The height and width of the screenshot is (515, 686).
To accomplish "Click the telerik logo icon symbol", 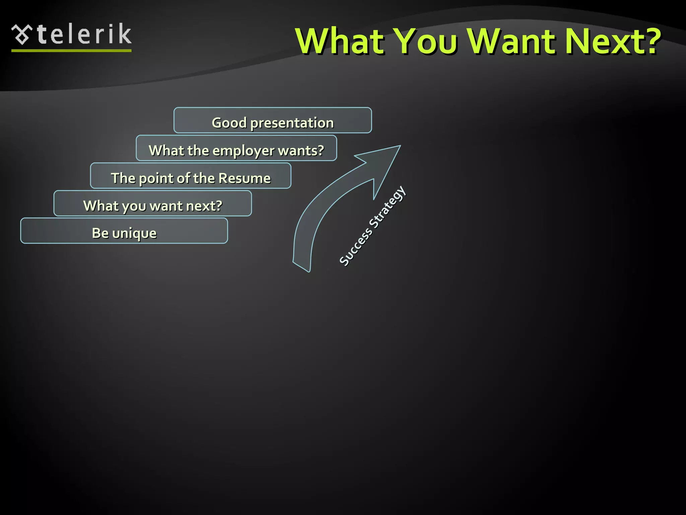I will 22,35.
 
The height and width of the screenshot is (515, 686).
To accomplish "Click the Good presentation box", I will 273,120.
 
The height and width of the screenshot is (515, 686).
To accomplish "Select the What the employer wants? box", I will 236,148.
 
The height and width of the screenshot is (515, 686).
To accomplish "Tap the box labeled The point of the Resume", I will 191,176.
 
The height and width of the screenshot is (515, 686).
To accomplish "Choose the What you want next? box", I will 152,204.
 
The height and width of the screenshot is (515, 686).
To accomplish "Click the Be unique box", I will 124,231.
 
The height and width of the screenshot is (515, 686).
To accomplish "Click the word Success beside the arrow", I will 355,247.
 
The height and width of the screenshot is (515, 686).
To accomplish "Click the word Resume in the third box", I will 245,178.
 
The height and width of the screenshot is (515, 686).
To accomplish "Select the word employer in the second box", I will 244,151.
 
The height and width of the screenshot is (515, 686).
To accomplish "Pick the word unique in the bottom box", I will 134,233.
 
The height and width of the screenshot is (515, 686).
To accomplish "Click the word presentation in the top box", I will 292,123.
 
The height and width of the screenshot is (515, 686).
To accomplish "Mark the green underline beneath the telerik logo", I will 71,51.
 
